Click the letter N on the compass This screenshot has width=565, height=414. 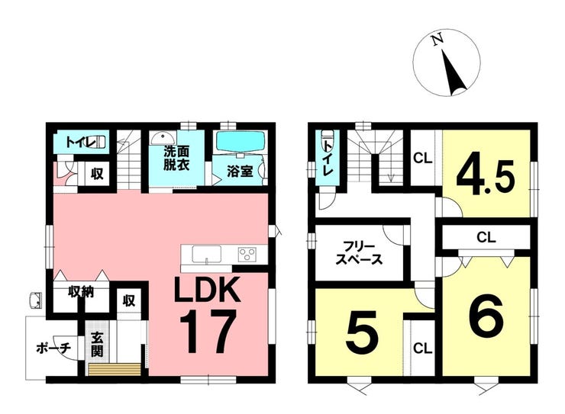click(438, 39)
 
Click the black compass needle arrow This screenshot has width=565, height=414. click(454, 72)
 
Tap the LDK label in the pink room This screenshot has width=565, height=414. click(207, 289)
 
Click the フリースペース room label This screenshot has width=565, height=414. click(359, 253)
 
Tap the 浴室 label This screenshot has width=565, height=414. click(240, 172)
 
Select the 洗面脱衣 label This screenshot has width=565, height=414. click(176, 158)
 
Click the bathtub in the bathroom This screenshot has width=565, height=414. click(241, 142)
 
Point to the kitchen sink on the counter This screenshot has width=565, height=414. click(206, 254)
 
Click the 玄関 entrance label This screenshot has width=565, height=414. click(96, 345)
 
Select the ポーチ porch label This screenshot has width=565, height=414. click(53, 348)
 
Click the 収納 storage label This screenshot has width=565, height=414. click(81, 291)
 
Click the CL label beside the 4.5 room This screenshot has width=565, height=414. click(423, 159)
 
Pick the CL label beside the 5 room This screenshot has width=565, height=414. click(423, 348)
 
